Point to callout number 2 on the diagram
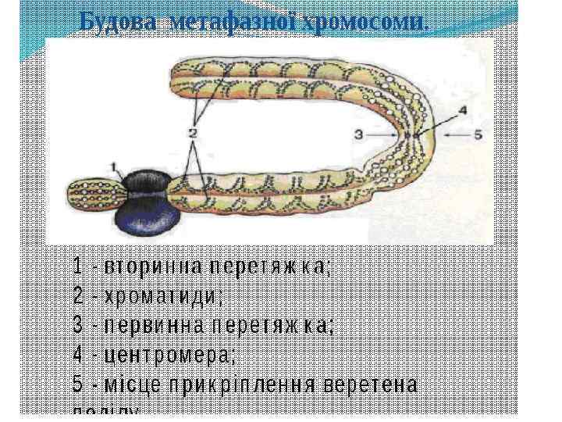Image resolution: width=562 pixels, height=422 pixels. (x=191, y=134)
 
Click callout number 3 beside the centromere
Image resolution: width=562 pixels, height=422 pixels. (x=359, y=134)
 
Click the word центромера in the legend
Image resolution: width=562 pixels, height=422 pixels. (x=168, y=355)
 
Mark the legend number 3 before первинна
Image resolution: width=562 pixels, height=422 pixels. (x=77, y=326)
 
